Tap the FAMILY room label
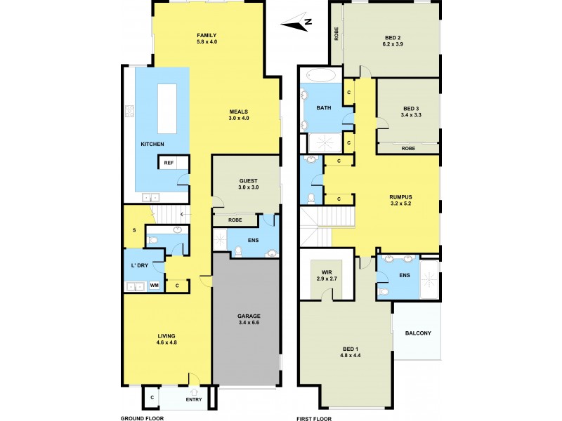206,35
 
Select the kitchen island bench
167,108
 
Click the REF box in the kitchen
169,163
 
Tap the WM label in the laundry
153,286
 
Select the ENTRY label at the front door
194,400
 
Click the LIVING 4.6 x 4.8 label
166,340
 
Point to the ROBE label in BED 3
407,148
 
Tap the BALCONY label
417,333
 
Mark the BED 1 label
351,350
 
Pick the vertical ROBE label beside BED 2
336,33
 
